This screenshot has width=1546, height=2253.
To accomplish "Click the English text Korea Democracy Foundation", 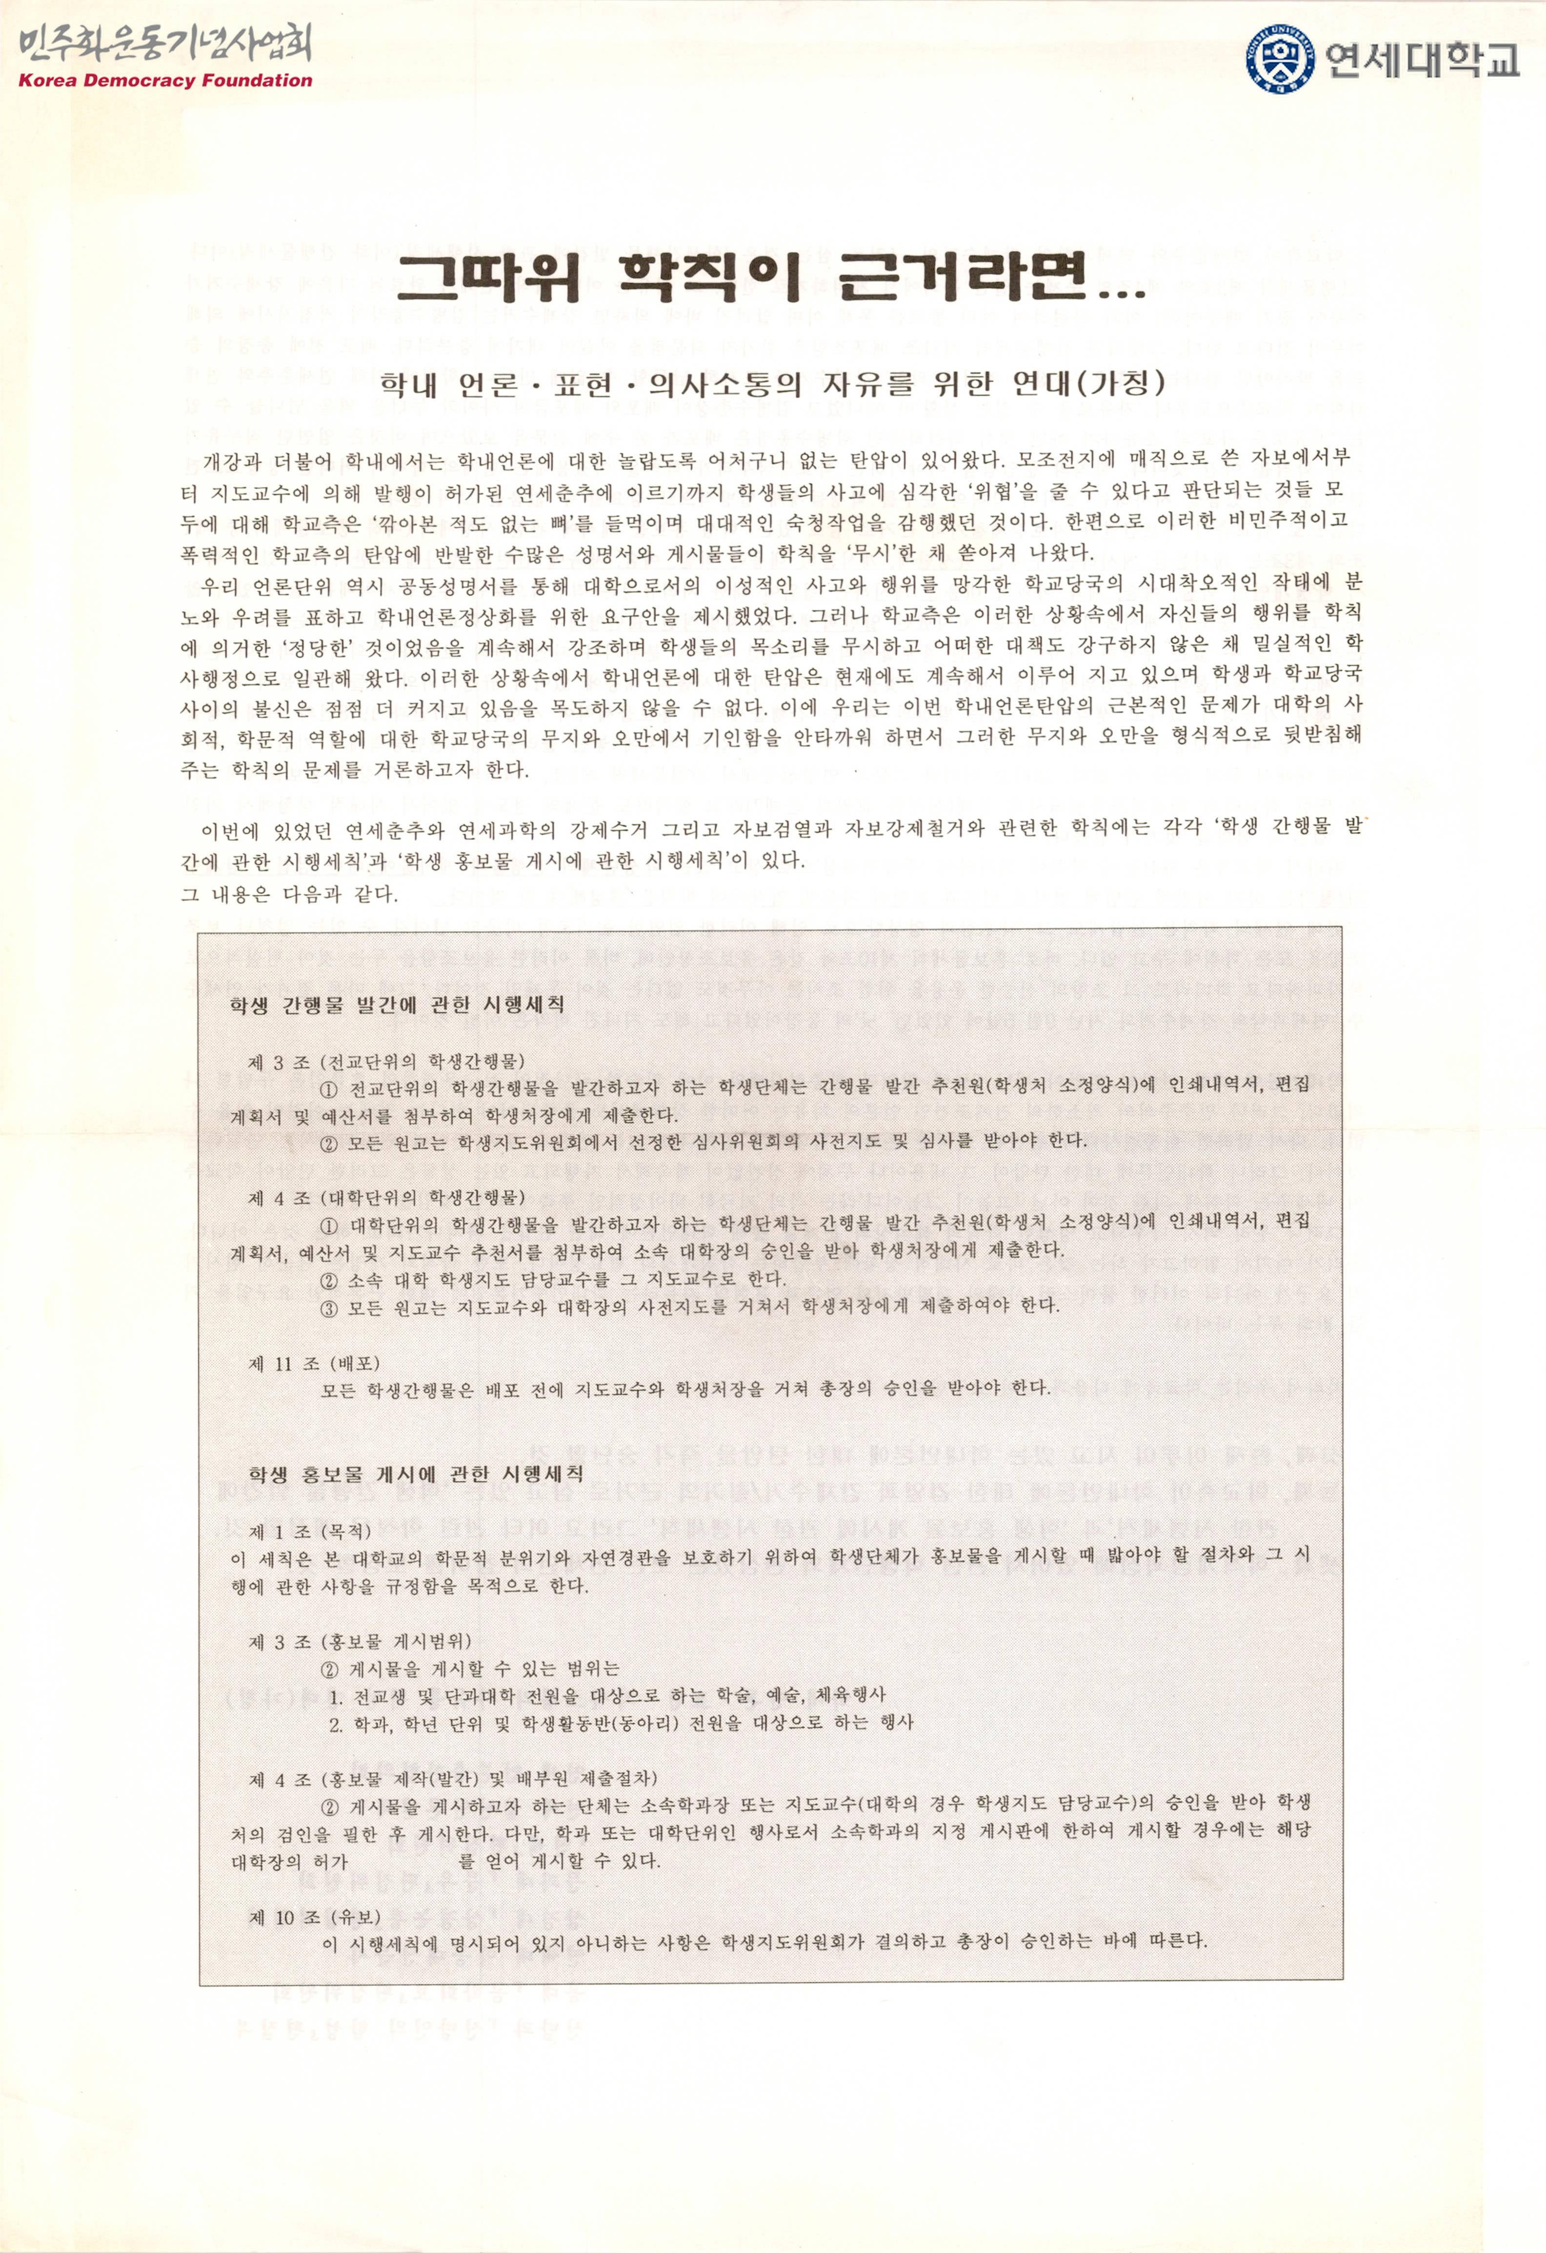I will point(165,80).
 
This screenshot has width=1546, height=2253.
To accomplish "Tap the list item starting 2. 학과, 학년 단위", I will point(621,1723).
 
